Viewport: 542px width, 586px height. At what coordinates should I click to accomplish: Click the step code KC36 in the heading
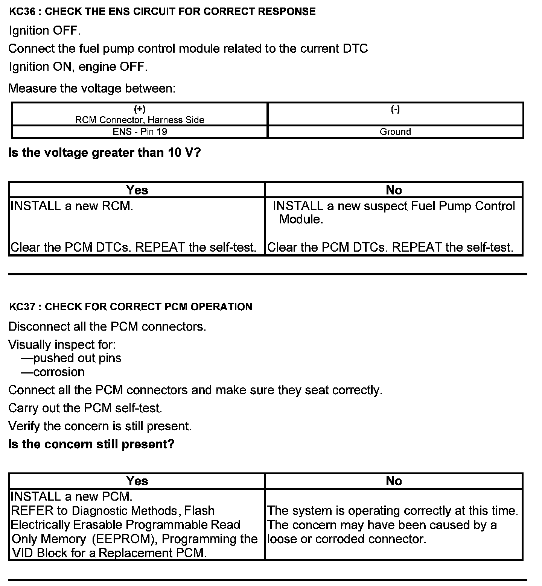22,12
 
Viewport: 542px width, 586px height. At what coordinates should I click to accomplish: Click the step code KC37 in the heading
22,307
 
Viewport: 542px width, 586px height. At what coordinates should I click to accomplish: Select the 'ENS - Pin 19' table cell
140,132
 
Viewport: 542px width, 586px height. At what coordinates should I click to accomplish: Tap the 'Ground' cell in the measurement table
395,132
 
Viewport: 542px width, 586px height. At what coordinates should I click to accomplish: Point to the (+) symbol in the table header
140,109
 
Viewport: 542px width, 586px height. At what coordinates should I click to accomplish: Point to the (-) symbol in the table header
395,109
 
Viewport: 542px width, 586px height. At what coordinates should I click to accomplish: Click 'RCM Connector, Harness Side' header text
140,120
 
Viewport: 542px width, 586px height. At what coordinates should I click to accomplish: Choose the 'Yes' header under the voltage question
137,190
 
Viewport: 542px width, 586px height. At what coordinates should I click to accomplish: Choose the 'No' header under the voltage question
394,190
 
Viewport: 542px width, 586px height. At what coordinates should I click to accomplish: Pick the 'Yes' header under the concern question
137,481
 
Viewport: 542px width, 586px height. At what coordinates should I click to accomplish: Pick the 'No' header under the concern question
394,481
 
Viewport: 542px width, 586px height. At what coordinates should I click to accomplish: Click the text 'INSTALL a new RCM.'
72,206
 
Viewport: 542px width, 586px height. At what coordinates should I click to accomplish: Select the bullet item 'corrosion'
59,372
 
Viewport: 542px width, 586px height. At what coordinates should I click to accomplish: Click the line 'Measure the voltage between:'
92,89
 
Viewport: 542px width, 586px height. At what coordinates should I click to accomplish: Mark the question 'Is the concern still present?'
91,444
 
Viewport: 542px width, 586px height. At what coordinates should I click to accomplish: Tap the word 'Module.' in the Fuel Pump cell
301,219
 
